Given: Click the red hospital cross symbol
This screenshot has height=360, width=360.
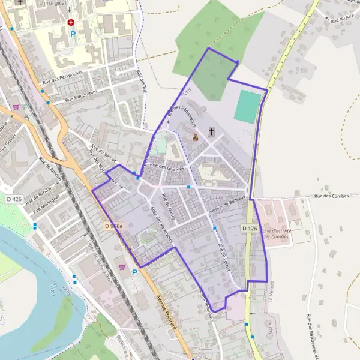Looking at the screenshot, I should click(71, 22).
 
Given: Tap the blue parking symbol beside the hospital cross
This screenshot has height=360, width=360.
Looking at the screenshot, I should click(73, 34).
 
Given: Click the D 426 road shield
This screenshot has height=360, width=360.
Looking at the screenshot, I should click(14, 199).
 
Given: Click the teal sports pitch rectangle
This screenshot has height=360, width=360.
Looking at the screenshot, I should click(248, 107).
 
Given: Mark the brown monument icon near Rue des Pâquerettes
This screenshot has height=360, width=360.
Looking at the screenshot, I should click(195, 137).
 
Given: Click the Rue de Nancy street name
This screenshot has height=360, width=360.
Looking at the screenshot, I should click(169, 206).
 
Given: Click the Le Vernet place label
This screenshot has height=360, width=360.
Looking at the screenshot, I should click(271, 292).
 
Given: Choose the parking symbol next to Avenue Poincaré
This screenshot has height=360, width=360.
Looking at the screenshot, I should click(134, 272).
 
